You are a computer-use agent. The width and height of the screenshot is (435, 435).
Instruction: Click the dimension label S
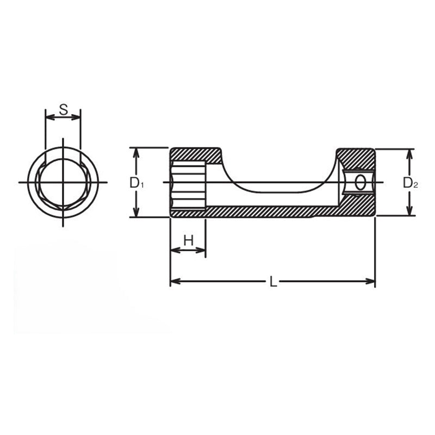click(63, 109)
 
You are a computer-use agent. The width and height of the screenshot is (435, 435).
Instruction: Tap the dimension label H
click(188, 240)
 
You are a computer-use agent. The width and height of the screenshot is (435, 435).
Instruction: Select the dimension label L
click(274, 282)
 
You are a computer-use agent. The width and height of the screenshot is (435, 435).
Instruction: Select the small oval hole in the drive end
click(359, 183)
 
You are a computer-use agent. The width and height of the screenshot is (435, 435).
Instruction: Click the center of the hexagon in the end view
click(63, 182)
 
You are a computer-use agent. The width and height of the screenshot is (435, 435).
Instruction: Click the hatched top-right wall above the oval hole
click(356, 158)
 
